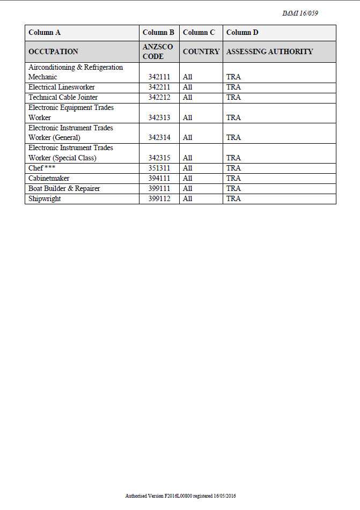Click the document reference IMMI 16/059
(300, 13)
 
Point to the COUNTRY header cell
(201, 51)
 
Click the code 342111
(159, 77)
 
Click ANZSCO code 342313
(159, 117)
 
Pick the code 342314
(159, 138)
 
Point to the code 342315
(159, 158)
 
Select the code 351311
(159, 168)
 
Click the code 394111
(159, 178)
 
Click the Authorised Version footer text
(180, 496)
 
